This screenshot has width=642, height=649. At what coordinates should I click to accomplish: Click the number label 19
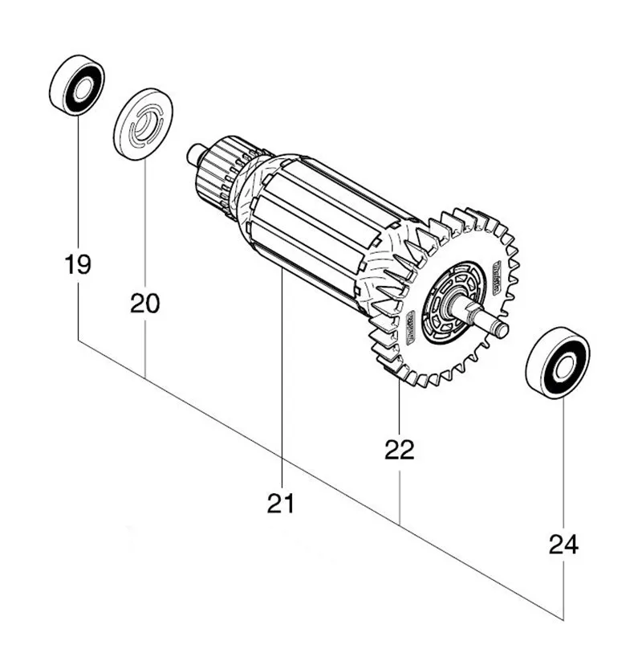pyautogui.click(x=78, y=264)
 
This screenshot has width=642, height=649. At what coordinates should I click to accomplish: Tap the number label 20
pyautogui.click(x=145, y=303)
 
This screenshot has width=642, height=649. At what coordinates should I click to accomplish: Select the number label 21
pyautogui.click(x=282, y=504)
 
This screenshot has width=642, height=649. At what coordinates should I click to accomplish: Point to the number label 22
pyautogui.click(x=399, y=450)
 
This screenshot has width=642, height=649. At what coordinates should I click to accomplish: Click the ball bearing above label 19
pyautogui.click(x=76, y=84)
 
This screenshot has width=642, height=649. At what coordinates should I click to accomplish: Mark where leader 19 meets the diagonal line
pyautogui.click(x=78, y=340)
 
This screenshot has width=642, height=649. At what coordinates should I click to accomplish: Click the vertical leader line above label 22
pyautogui.click(x=399, y=410)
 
